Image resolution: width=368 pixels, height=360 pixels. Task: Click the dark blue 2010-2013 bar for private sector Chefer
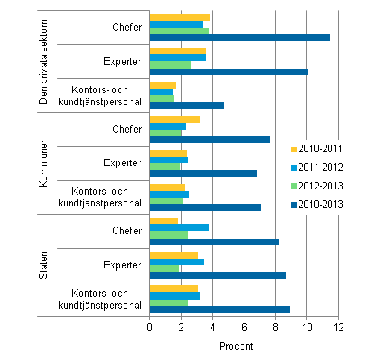[239, 37]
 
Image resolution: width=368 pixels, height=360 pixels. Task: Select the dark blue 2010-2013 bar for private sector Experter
[229, 72]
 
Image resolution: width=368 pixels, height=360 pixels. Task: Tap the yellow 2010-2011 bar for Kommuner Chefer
[174, 119]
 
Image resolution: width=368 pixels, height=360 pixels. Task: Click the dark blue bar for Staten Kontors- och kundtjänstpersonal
[220, 309]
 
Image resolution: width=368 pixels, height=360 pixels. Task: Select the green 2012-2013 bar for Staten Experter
[164, 268]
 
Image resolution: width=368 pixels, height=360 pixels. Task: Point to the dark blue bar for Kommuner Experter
[203, 174]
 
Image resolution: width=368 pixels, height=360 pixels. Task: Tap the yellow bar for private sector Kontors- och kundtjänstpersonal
[162, 85]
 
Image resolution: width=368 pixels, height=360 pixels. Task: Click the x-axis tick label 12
[338, 328]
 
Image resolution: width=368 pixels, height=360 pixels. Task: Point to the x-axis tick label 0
[150, 328]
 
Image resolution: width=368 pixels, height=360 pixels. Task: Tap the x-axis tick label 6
[244, 328]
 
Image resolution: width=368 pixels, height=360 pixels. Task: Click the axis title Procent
[235, 347]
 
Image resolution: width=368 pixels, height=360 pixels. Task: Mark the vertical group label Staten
[43, 266]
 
